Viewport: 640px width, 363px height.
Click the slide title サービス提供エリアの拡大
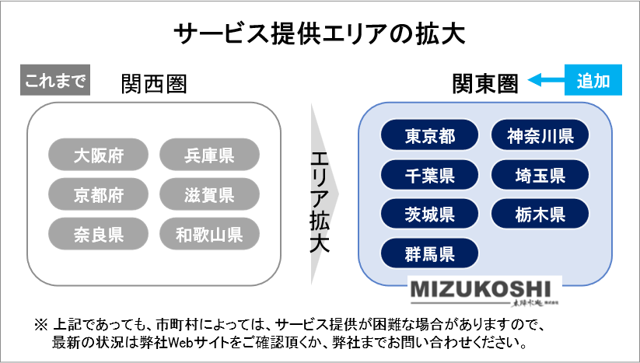tap(320, 35)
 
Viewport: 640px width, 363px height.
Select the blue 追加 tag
tap(593, 80)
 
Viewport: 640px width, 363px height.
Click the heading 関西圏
tap(154, 84)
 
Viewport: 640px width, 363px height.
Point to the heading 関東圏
tap(485, 83)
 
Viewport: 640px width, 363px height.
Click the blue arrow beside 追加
tap(545, 80)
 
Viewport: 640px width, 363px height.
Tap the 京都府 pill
tap(98, 194)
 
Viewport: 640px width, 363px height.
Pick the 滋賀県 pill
tap(209, 194)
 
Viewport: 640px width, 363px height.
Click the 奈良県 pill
tap(98, 233)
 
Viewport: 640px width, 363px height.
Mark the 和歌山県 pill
tap(209, 233)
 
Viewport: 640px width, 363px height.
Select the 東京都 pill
tap(429, 136)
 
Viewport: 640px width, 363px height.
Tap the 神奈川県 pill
tap(540, 136)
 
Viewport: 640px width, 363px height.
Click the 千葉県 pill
tap(429, 175)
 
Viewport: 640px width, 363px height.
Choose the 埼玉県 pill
tap(540, 175)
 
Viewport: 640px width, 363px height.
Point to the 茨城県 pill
tap(429, 214)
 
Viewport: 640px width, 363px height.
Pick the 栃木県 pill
tap(540, 214)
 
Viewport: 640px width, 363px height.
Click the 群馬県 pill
tap(429, 253)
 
